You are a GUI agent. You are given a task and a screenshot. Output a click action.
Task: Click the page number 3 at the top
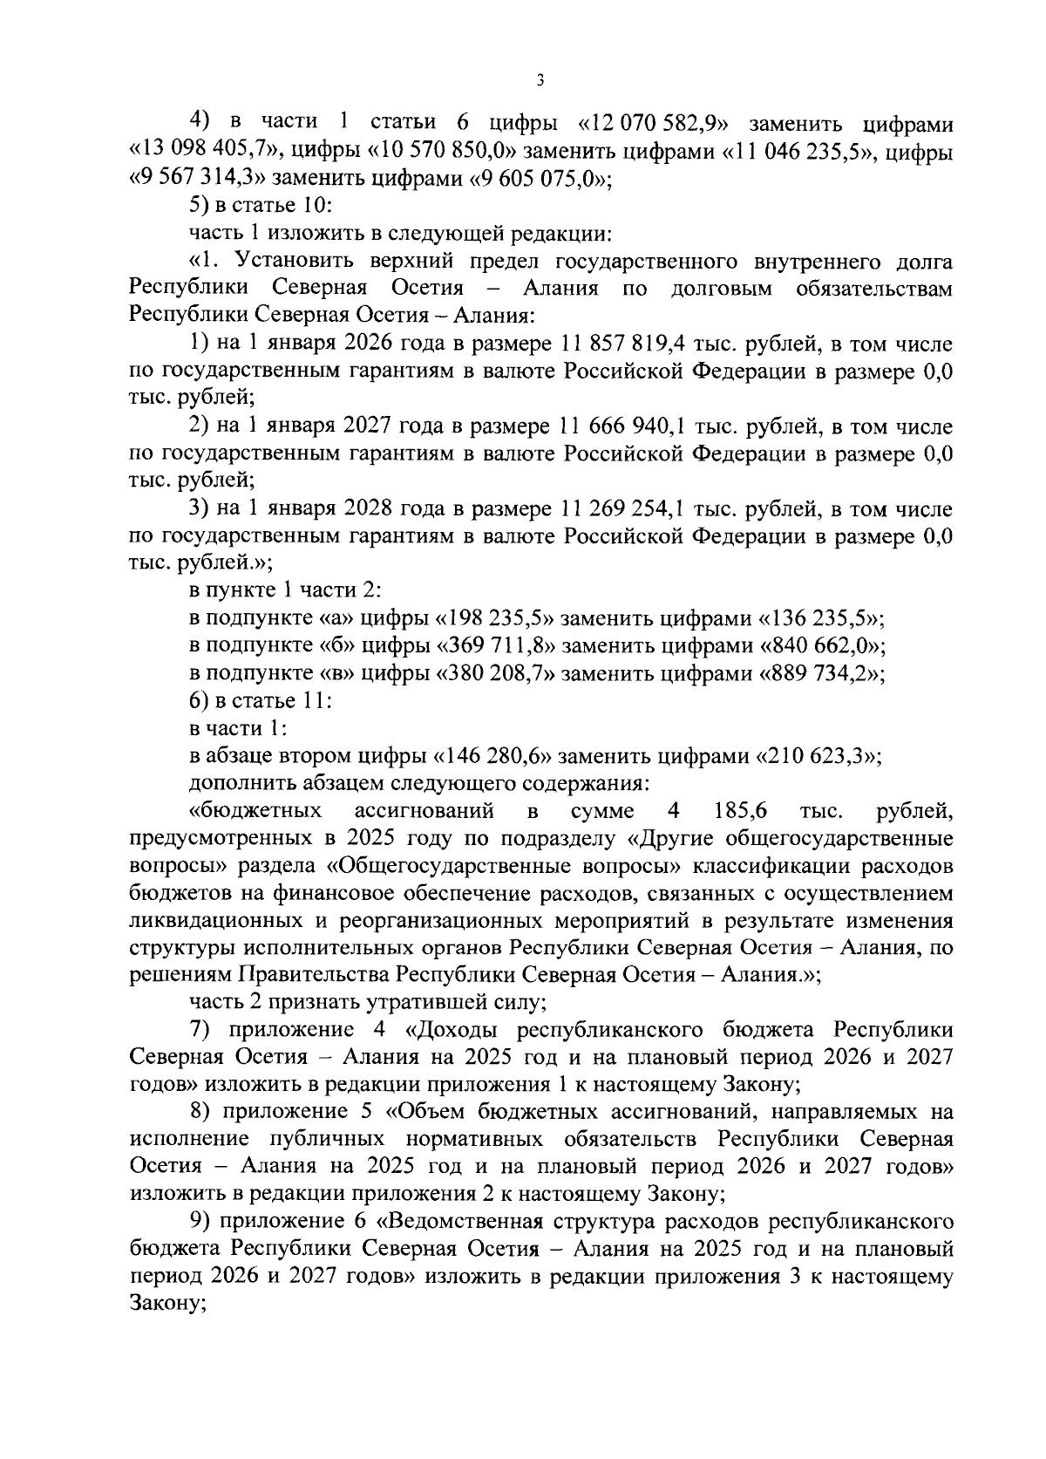click(x=540, y=81)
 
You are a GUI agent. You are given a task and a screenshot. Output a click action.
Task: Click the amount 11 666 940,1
click(x=610, y=426)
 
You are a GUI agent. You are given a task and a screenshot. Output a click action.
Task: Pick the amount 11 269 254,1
click(x=610, y=509)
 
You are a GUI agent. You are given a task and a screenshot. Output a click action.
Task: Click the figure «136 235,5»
click(x=824, y=619)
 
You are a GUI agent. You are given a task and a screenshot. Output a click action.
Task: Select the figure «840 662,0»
click(x=824, y=646)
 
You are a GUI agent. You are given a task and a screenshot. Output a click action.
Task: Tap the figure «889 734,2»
click(x=824, y=674)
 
